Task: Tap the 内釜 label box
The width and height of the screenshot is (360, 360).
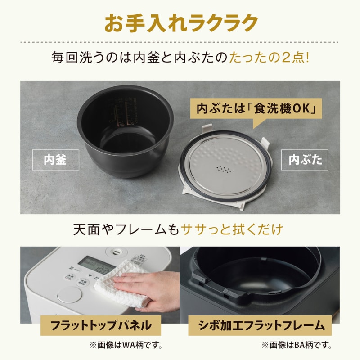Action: [55, 160]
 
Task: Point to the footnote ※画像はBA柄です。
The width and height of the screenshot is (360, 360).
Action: [296, 346]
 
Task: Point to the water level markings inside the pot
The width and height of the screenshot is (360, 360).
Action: [121, 110]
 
